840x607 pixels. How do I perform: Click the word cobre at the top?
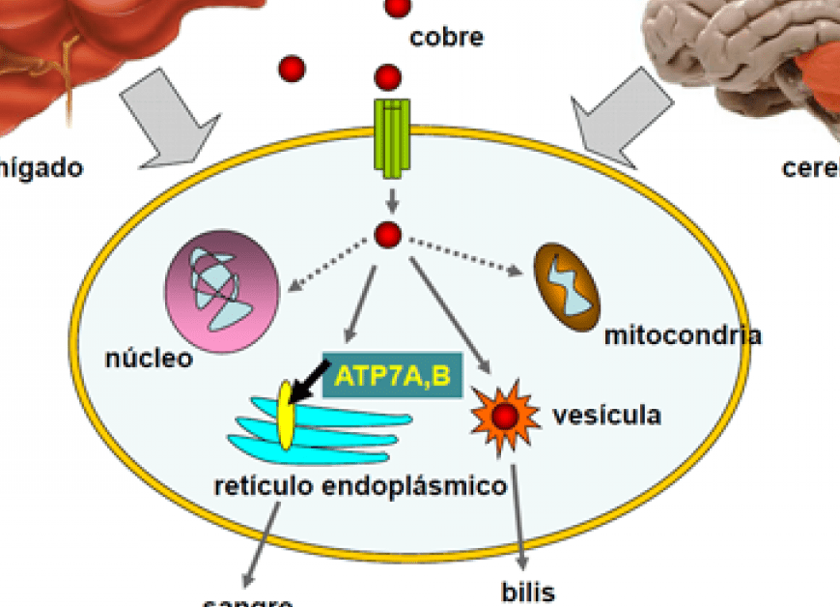[x=446, y=38]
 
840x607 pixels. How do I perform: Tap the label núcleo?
[x=149, y=360]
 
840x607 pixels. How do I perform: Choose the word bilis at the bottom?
[x=528, y=591]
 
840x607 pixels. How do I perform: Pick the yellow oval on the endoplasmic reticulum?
[x=286, y=416]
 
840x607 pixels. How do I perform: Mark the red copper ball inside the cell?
[x=388, y=234]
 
